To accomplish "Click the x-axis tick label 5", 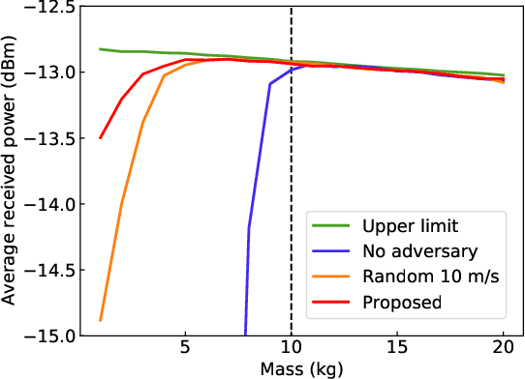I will click(185, 348).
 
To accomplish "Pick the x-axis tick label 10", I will click(292, 348).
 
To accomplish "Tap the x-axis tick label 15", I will click(397, 348).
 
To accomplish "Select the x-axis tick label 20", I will click(504, 348).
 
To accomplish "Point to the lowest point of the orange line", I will click(101, 320).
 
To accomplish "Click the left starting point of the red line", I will click(101, 138).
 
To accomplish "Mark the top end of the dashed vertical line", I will click(292, 9).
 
